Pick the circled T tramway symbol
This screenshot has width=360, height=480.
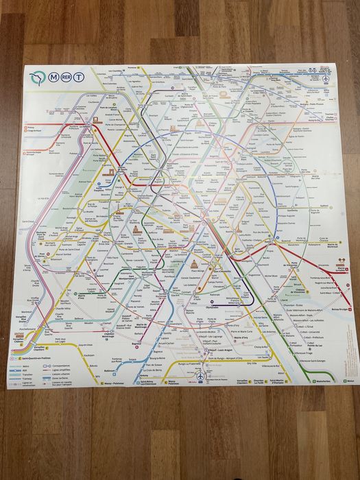(82, 78)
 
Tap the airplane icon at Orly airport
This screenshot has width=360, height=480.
(200, 376)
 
